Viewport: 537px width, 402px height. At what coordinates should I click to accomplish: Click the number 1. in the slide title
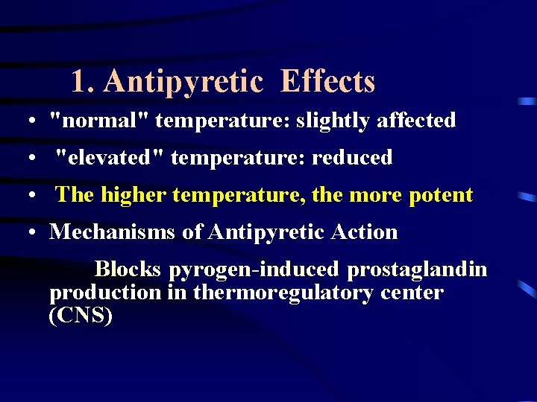point(84,82)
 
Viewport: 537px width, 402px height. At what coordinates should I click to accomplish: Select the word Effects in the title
point(327,82)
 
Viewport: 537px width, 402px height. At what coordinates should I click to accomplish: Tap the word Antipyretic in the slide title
point(183,82)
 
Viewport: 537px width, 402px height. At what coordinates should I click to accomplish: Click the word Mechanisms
point(113,232)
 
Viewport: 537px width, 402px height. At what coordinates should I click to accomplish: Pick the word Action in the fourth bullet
point(368,232)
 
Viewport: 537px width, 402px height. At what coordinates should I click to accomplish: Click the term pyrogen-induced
point(254,269)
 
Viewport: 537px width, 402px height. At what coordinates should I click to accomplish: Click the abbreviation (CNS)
point(81,316)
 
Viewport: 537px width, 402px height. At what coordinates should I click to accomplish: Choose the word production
point(105,293)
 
